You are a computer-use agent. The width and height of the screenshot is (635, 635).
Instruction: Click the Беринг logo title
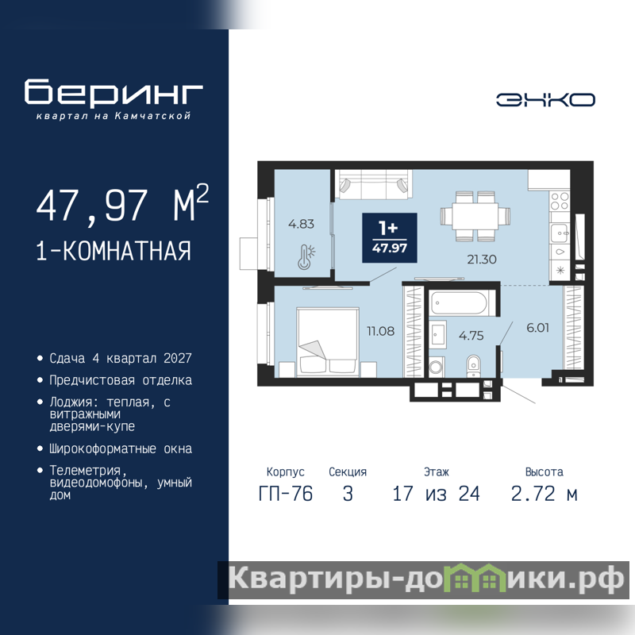pos(114,92)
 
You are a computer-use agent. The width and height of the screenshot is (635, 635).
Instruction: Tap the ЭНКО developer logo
pos(545,100)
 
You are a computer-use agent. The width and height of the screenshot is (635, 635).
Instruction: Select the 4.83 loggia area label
pos(301,224)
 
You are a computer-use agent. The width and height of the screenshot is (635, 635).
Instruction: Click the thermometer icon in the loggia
pos(306,257)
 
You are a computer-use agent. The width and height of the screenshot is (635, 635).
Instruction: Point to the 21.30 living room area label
pos(482,260)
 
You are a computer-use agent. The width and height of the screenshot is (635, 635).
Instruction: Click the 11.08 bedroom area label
pos(381,331)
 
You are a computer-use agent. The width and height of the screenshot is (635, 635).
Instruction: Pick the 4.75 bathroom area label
pos(471,335)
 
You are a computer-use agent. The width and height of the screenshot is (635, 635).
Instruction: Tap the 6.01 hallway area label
pos(538,328)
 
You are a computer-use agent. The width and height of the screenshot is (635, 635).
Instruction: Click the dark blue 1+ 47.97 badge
pos(390,237)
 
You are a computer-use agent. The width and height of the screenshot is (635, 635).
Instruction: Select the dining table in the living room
pos(475,216)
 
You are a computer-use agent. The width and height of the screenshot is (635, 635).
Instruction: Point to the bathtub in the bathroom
pos(460,303)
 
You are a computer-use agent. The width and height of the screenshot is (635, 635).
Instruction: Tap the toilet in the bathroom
pos(473,366)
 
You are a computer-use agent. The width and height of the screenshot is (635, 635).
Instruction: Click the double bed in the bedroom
pos(328,341)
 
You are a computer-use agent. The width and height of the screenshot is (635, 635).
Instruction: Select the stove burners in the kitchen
pos(560,202)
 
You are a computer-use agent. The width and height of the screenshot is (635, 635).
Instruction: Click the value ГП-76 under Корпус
pos(286,494)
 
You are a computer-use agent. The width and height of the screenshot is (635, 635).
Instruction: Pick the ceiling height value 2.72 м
pos(544,494)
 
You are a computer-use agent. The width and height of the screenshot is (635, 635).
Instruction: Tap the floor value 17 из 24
pos(436,494)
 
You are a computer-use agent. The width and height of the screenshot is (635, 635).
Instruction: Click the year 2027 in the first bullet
pos(177,359)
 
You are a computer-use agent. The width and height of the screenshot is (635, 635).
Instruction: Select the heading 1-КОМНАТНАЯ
pos(114,251)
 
